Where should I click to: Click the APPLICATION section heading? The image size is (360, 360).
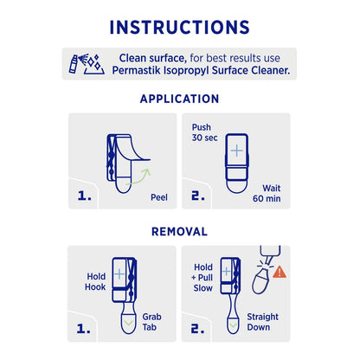(180, 99)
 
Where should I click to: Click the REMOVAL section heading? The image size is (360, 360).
(180, 232)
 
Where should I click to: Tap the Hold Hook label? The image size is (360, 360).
(95, 282)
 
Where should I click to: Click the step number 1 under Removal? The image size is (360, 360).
(85, 330)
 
